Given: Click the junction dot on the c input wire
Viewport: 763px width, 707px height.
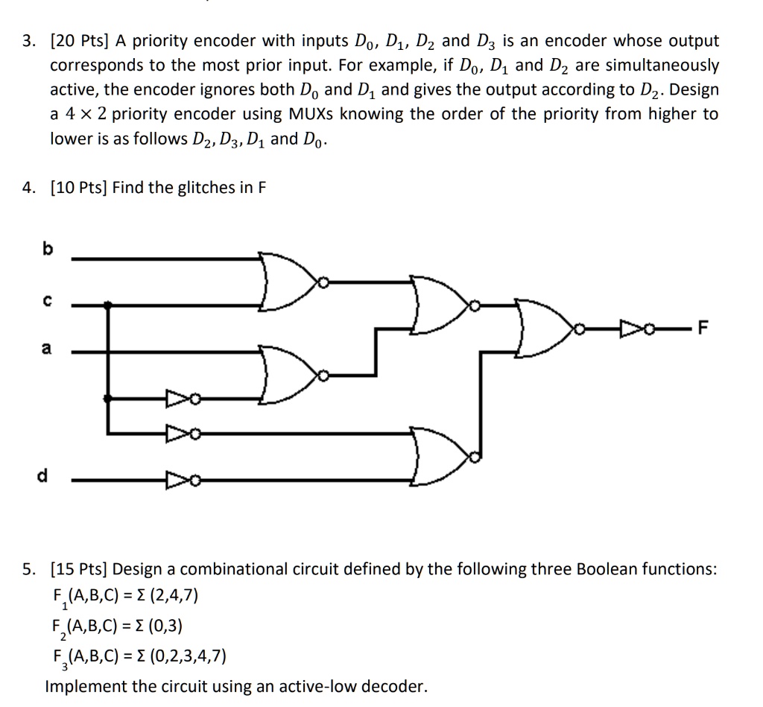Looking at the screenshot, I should pos(110,304).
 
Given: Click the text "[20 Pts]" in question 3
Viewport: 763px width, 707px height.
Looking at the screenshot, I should pos(80,41).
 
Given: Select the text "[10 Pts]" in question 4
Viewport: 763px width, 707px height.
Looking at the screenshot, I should pos(80,188).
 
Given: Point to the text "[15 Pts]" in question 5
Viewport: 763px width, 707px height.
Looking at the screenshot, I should pos(80,570).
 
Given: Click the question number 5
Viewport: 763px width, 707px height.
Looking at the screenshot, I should pos(28,570).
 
